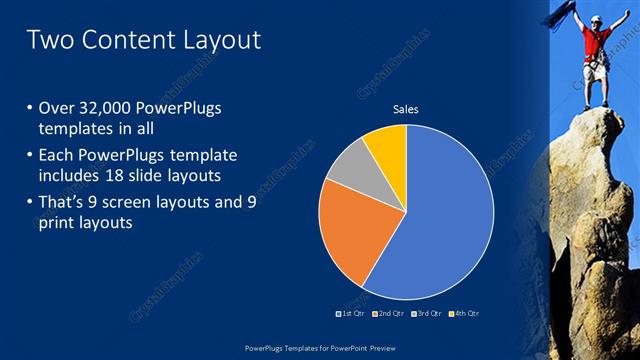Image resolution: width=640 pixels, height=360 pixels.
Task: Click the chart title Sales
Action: pos(405,108)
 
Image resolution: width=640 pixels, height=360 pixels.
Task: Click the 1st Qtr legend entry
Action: pos(349,313)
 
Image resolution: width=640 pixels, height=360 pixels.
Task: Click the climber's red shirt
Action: pos(597,45)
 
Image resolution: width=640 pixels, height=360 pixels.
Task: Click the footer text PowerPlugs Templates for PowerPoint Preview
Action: pos(320,347)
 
